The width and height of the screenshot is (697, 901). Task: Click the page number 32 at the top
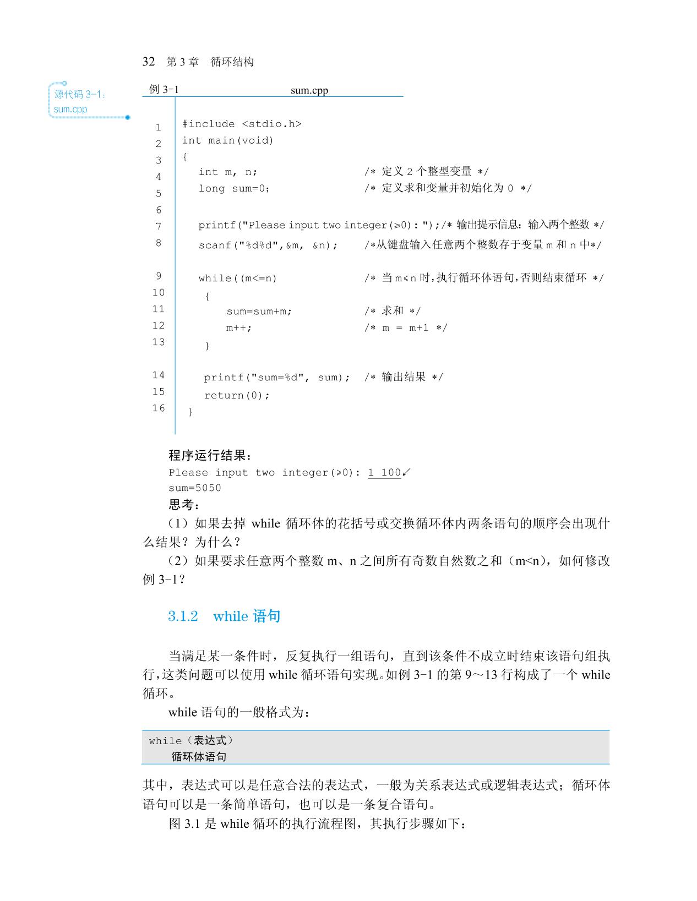point(149,62)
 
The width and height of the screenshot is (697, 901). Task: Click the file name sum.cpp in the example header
point(309,90)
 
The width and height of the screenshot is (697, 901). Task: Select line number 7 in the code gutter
point(159,226)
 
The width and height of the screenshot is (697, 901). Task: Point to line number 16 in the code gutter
point(159,408)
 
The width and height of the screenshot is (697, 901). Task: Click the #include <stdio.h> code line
point(242,124)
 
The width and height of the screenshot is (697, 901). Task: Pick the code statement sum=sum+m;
point(259,312)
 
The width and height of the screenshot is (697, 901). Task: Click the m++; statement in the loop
point(239,328)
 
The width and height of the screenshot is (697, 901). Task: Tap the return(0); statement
point(237,395)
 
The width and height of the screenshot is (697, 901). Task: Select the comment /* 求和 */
point(392,311)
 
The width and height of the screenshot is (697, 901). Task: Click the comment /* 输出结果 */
point(403,377)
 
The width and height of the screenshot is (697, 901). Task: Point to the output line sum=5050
point(195,488)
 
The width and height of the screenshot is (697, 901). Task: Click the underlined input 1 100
point(384,472)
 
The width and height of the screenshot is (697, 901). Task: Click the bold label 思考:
point(184,504)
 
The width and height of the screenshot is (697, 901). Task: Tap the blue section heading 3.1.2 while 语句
point(224,616)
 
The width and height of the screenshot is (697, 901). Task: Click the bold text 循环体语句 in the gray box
point(199,757)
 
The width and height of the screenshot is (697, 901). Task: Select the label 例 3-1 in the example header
point(164,90)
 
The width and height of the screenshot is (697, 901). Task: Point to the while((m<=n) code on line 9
point(238,279)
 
